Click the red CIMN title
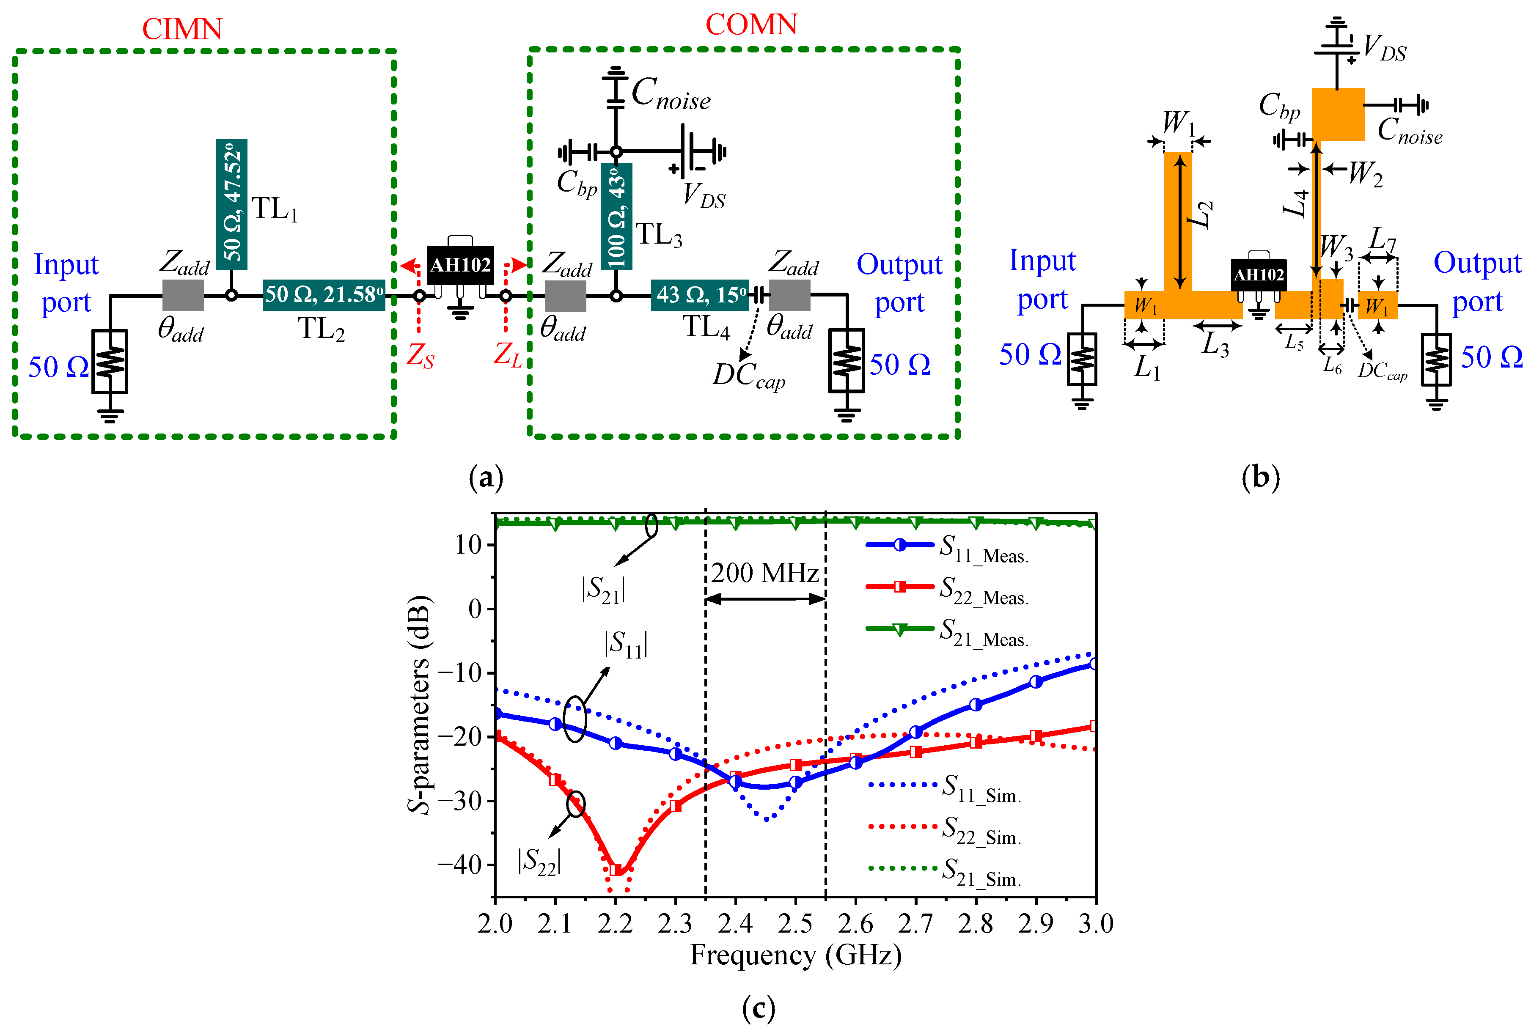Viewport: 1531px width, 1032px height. click(182, 29)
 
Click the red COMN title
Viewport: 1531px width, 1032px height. click(751, 25)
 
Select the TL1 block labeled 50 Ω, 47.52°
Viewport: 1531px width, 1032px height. click(232, 204)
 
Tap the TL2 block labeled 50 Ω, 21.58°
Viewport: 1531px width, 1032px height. click(324, 295)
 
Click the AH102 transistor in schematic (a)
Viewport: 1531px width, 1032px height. click(460, 265)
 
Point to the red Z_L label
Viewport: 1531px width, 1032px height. click(508, 355)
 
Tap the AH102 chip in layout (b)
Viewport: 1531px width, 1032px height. click(1259, 274)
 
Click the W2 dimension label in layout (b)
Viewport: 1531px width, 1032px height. click(1365, 174)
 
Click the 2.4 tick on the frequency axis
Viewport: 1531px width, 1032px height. click(735, 923)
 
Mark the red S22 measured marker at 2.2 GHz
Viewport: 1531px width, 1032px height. click(616, 870)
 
